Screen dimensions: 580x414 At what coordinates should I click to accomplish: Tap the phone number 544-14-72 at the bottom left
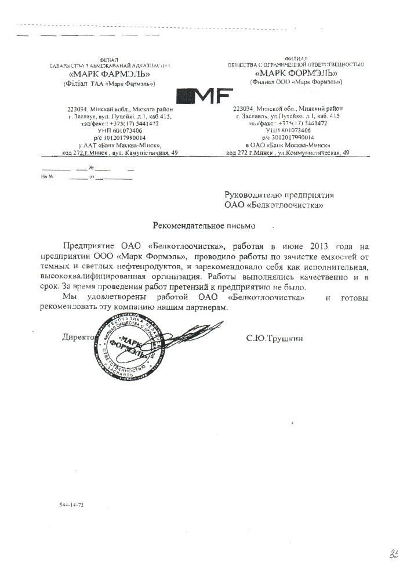tap(71, 506)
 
